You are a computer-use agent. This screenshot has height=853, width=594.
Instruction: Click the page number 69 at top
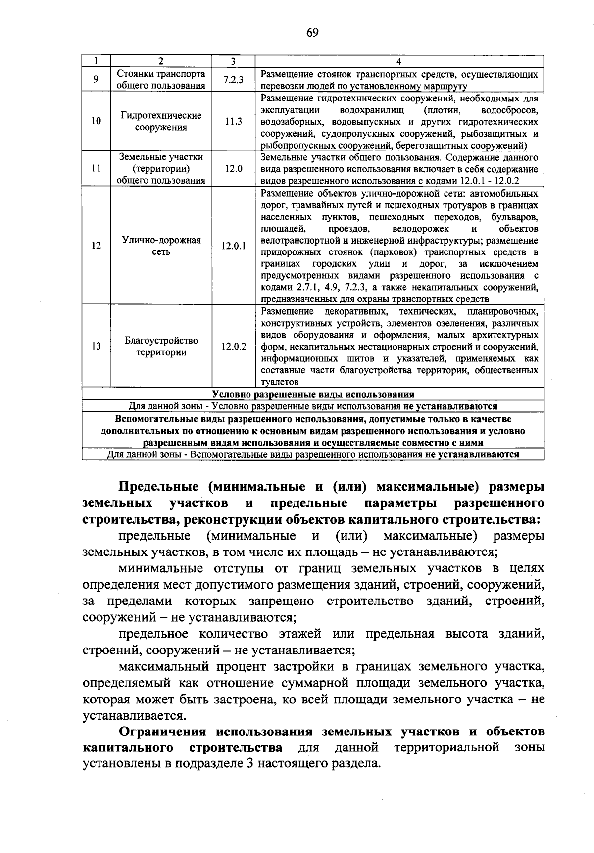pyautogui.click(x=312, y=33)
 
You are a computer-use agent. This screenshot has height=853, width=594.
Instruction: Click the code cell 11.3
pyautogui.click(x=233, y=121)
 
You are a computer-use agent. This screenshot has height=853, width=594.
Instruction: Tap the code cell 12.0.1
pyautogui.click(x=233, y=246)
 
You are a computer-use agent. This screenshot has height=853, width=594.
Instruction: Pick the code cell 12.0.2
pyautogui.click(x=233, y=346)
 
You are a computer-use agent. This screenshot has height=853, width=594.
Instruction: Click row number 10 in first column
pyautogui.click(x=96, y=121)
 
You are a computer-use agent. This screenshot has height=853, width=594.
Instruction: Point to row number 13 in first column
pyautogui.click(x=96, y=346)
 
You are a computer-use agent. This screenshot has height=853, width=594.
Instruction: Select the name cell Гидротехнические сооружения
pyautogui.click(x=161, y=121)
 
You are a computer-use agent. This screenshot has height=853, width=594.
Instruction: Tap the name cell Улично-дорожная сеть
pyautogui.click(x=161, y=246)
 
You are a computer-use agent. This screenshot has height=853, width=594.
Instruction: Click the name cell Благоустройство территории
pyautogui.click(x=161, y=346)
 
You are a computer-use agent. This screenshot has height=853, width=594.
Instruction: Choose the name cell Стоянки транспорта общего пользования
pyautogui.click(x=161, y=80)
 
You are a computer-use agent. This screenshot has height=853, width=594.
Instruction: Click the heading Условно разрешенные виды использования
pyautogui.click(x=313, y=394)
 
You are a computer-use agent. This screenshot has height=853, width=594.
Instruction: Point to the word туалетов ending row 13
pyautogui.click(x=280, y=382)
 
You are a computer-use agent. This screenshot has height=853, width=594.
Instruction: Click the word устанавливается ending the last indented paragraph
pyautogui.click(x=134, y=715)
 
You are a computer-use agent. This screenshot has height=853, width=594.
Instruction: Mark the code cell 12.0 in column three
pyautogui.click(x=233, y=169)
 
